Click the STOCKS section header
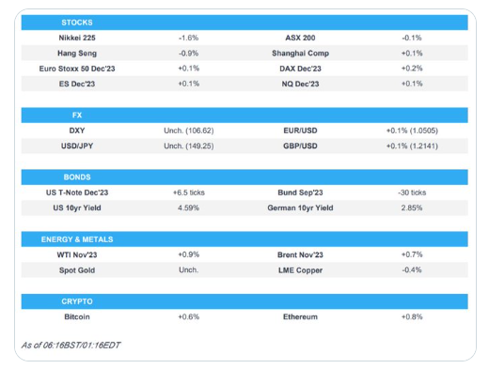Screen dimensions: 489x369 click(x=77, y=23)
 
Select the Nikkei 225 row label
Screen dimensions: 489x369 click(x=77, y=38)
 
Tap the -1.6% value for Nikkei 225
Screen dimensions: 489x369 click(x=189, y=38)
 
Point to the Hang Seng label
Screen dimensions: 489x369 click(x=77, y=54)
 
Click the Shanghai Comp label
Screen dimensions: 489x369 click(x=300, y=54)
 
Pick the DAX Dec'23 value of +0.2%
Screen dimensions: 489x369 click(x=412, y=69)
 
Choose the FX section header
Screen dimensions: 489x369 click(x=77, y=115)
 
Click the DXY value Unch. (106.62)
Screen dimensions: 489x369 click(x=189, y=131)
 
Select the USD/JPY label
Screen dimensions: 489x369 click(x=77, y=146)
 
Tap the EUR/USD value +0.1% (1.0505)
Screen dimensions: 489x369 click(x=412, y=131)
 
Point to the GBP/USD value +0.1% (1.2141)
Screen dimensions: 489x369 click(x=412, y=146)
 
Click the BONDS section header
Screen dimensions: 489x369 click(x=77, y=177)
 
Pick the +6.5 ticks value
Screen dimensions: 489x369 click(x=189, y=192)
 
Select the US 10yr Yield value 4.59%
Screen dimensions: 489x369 click(x=189, y=208)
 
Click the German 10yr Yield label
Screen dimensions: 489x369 click(x=300, y=208)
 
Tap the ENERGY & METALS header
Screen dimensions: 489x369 click(x=77, y=239)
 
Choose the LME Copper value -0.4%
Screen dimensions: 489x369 click(x=412, y=269)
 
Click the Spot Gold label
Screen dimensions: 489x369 click(x=77, y=270)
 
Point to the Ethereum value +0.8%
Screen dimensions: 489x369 click(x=412, y=316)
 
